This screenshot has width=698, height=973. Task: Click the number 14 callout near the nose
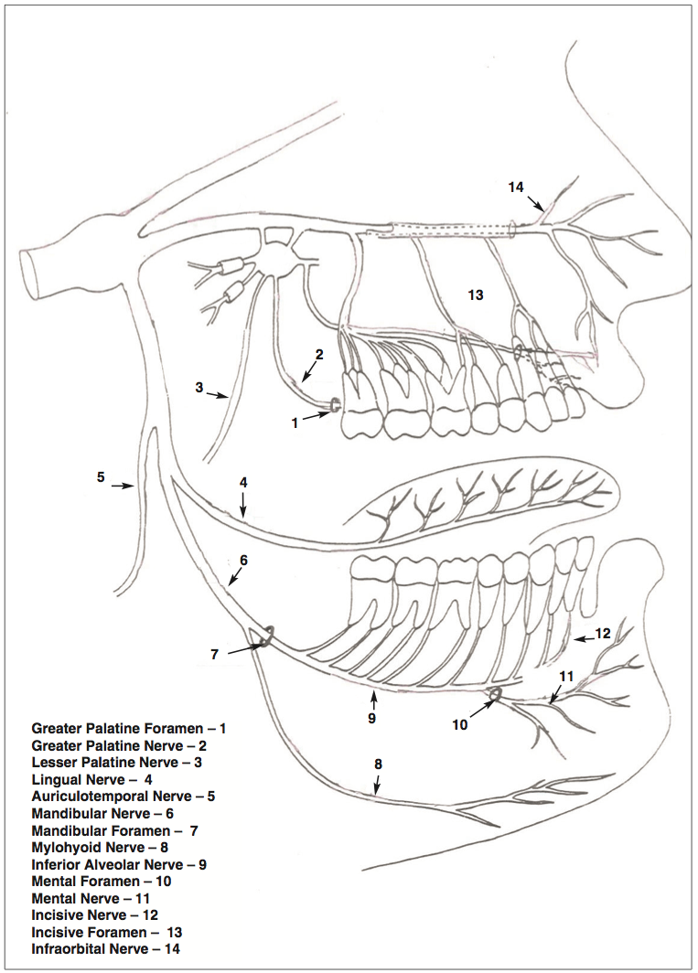pyautogui.click(x=516, y=187)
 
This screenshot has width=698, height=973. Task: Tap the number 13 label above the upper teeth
pyautogui.click(x=475, y=295)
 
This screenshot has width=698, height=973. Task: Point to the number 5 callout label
pyautogui.click(x=102, y=476)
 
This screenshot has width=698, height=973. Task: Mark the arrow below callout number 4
pyautogui.click(x=244, y=505)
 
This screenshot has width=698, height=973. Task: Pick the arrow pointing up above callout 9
pyautogui.click(x=373, y=700)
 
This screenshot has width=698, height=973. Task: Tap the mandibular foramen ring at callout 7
pyautogui.click(x=267, y=637)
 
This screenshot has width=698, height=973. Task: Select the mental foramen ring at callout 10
pyautogui.click(x=495, y=696)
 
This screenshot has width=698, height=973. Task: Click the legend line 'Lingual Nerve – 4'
pyautogui.click(x=91, y=779)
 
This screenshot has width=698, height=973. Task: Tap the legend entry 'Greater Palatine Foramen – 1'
pyautogui.click(x=128, y=729)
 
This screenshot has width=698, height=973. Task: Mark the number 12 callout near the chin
pyautogui.click(x=601, y=633)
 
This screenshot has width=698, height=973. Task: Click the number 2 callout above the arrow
pyautogui.click(x=319, y=354)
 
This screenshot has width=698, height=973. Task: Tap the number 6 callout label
pyautogui.click(x=243, y=559)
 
